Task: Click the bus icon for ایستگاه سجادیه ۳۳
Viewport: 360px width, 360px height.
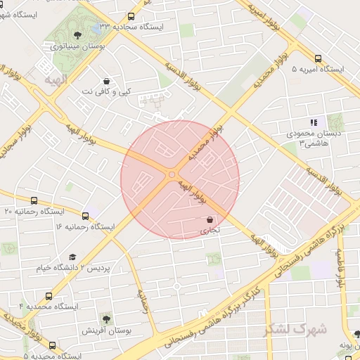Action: tap(131, 17)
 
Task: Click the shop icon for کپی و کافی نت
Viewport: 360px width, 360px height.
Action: tap(105, 81)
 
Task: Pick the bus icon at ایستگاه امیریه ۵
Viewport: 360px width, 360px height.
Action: tap(319, 59)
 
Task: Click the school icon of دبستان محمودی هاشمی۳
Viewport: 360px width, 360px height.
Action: tap(313, 122)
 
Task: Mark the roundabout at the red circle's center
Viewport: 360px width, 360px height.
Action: tap(172, 174)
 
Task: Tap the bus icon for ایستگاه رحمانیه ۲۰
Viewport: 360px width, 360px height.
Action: tap(34, 200)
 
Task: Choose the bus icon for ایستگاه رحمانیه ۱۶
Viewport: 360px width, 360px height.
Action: tap(86, 216)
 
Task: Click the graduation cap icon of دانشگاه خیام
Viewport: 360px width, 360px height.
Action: tap(72, 257)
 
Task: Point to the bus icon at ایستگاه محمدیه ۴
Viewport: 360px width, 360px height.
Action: tap(48, 296)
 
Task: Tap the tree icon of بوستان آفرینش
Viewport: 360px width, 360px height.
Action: tap(105, 319)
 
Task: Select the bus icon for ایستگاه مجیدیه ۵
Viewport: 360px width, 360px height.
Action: tap(52, 345)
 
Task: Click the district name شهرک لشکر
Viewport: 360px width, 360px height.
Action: tap(296, 329)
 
